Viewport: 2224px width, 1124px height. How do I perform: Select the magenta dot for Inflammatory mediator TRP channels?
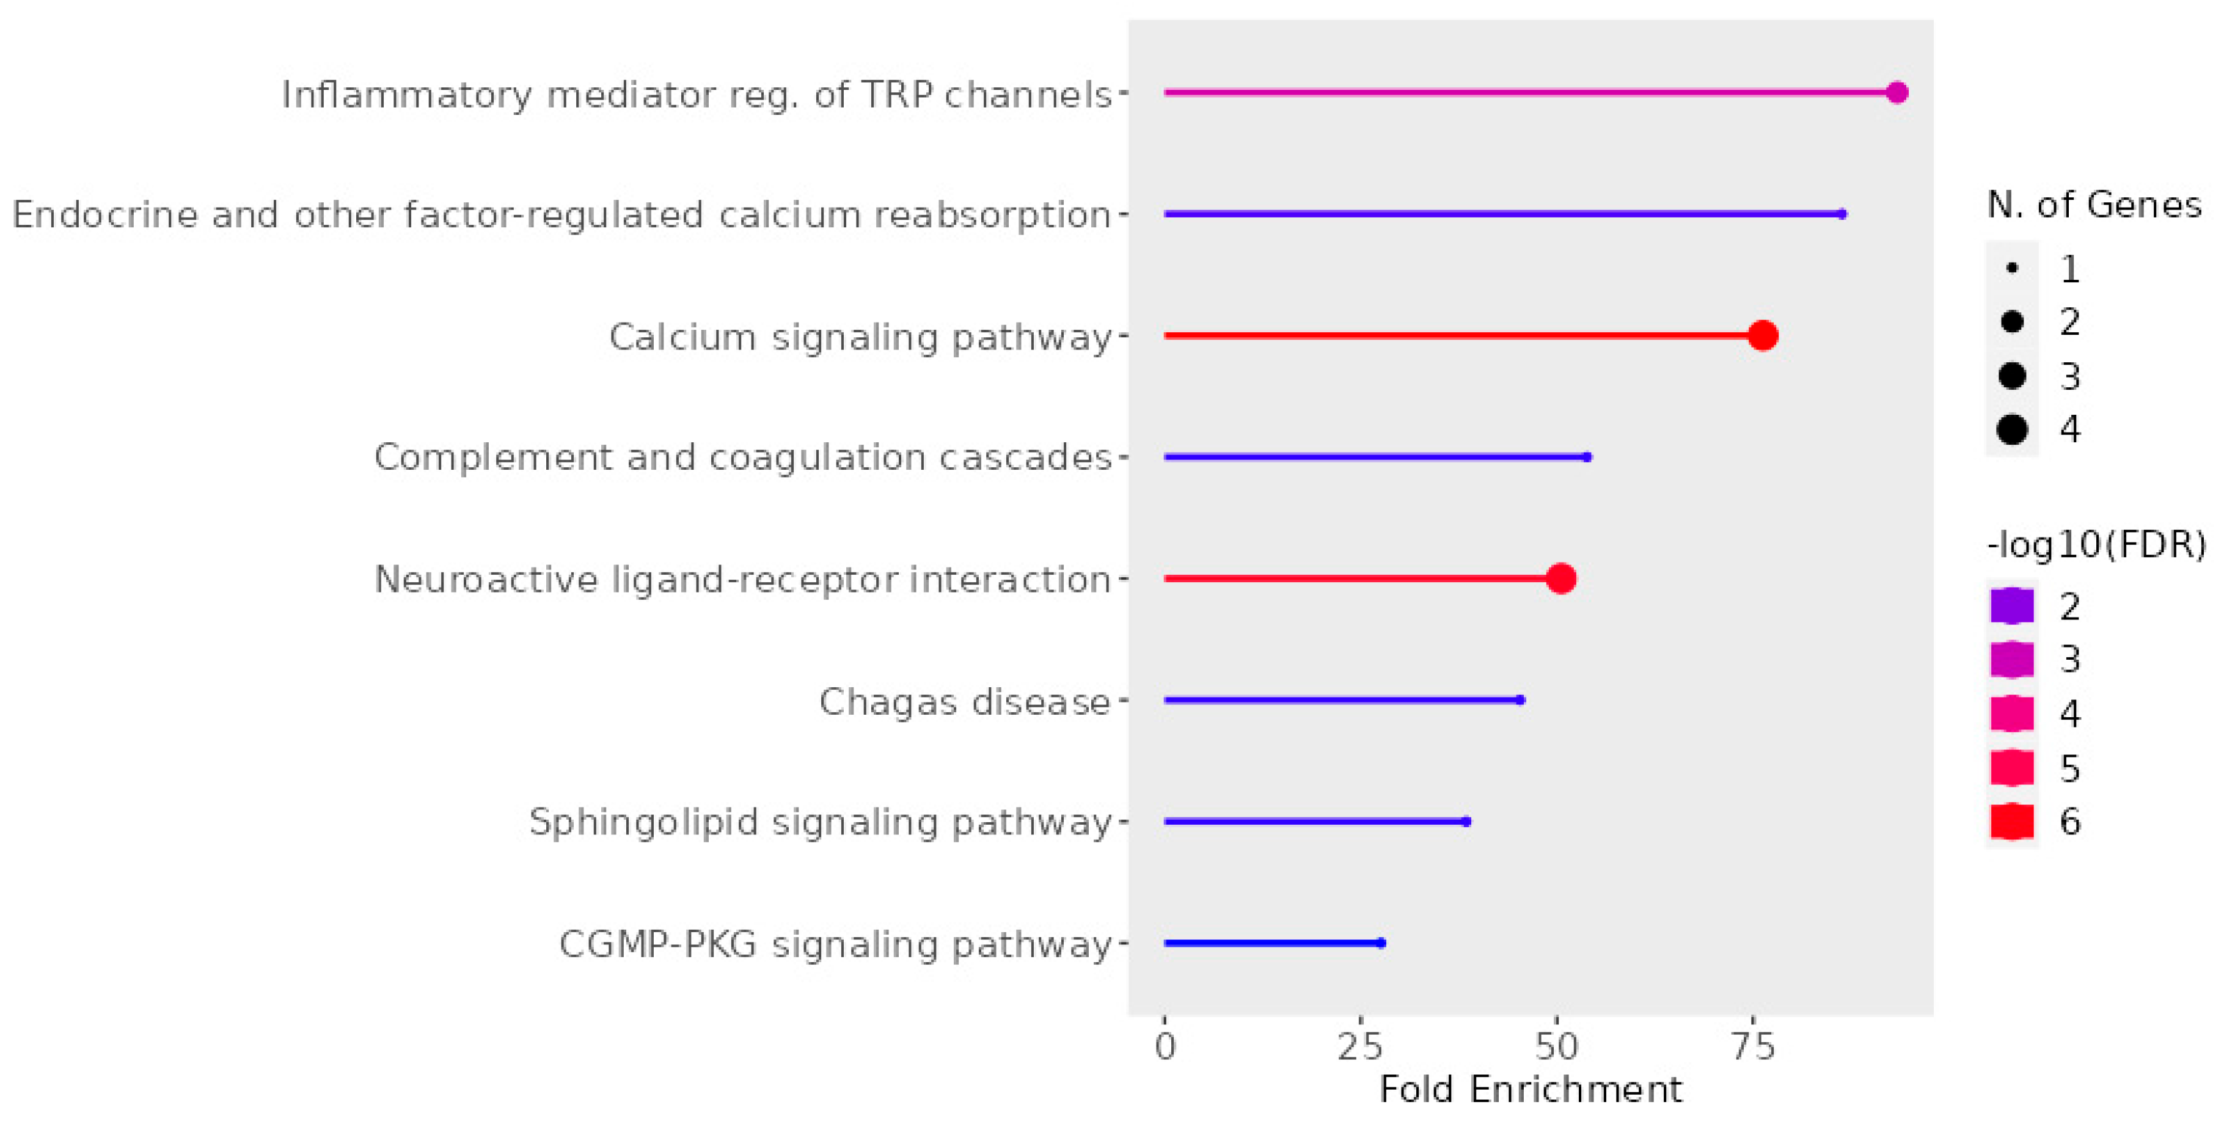pos(1896,92)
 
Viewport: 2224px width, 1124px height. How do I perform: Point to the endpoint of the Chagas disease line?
pos(1520,699)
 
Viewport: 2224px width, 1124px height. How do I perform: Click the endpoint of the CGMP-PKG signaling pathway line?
pos(1381,943)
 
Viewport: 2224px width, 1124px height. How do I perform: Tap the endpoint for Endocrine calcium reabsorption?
pos(1842,214)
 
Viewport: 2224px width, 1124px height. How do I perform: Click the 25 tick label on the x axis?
pos(1361,1046)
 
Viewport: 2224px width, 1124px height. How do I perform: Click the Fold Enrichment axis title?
pos(1531,1089)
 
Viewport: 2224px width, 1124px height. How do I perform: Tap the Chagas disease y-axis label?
pos(964,701)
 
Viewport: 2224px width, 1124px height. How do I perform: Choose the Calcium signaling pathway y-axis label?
pos(860,337)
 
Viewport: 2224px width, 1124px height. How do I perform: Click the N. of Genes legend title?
pos(2094,205)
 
